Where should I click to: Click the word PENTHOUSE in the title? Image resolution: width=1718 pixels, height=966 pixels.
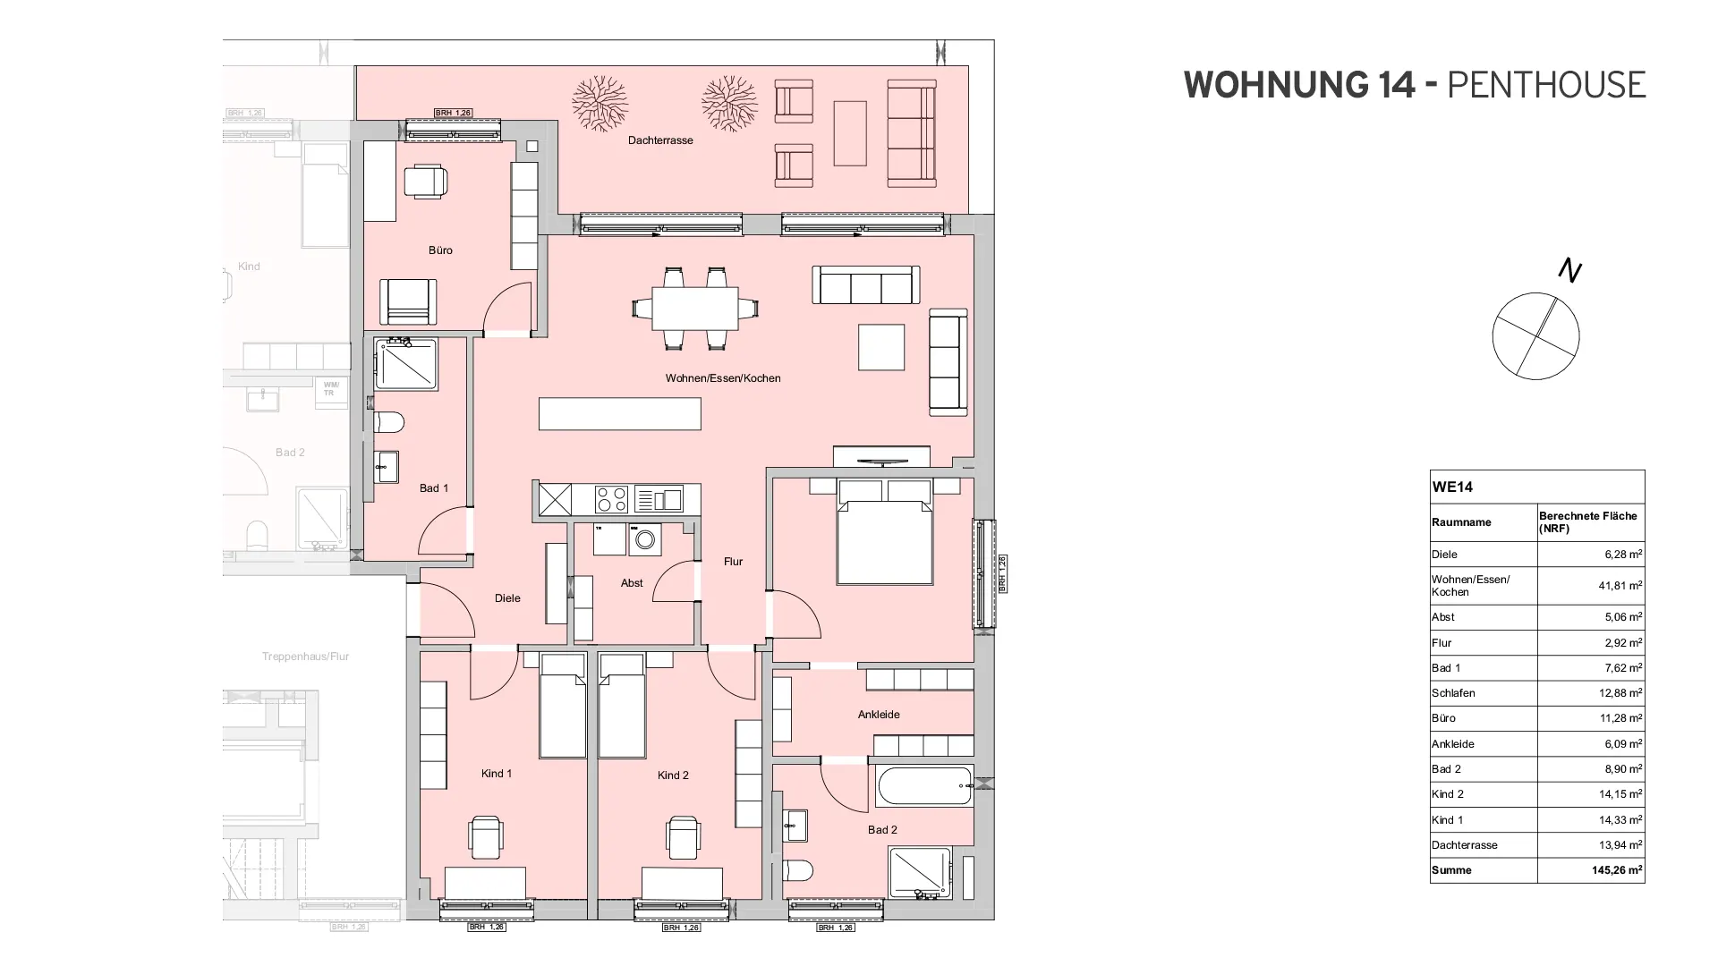tap(1545, 85)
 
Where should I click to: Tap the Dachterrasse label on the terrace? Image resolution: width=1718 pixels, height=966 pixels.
tap(660, 140)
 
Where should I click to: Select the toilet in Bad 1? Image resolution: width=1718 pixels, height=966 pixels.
tap(390, 422)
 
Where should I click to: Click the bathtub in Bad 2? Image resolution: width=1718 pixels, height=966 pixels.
tap(925, 786)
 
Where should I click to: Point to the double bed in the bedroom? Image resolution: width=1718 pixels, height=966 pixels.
tap(884, 540)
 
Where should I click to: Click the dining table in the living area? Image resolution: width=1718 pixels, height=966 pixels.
tap(694, 309)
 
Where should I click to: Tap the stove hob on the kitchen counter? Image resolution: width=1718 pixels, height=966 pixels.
tap(611, 499)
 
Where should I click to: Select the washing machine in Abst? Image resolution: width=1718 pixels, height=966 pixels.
tap(645, 540)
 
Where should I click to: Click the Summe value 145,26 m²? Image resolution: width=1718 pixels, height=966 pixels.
tap(1616, 870)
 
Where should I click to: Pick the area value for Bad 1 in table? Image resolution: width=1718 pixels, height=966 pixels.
tap(1622, 668)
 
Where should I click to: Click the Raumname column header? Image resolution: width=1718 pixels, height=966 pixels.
tap(1461, 522)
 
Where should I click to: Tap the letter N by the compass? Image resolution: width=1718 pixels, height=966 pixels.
tap(1569, 269)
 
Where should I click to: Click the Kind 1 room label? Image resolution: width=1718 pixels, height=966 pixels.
tap(497, 774)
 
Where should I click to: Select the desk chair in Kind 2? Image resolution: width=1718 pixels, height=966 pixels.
tap(683, 837)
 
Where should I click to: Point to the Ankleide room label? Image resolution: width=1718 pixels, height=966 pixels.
tap(879, 715)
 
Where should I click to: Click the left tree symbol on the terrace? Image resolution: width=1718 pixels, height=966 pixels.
tap(600, 103)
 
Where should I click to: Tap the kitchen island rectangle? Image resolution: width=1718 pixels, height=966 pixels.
tap(619, 414)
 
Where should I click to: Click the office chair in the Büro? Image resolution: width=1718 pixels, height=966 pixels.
tap(425, 182)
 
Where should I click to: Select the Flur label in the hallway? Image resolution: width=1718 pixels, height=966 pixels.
tap(733, 562)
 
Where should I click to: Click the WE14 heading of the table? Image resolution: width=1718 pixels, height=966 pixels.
tap(1452, 487)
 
